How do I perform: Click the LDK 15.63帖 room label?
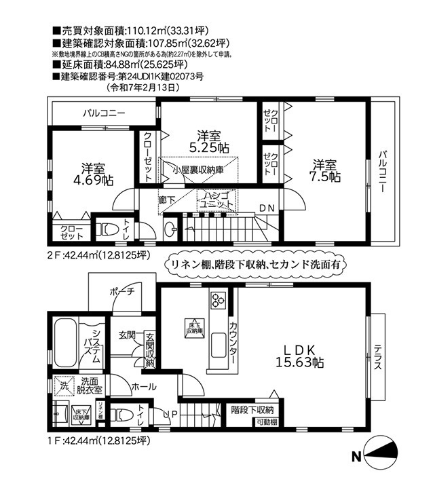(x=297, y=355)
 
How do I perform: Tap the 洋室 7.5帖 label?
(x=325, y=170)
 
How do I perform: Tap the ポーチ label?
(x=124, y=292)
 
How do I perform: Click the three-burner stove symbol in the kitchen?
(x=219, y=300)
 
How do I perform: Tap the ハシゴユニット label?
(x=216, y=199)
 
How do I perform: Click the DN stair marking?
(x=267, y=208)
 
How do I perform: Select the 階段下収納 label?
(x=252, y=410)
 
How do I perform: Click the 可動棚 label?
(x=265, y=422)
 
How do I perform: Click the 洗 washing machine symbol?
(x=63, y=385)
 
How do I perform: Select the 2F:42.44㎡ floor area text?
(x=98, y=255)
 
